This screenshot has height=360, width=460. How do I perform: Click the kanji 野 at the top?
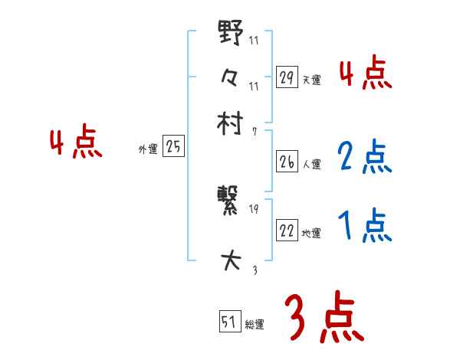click(x=231, y=34)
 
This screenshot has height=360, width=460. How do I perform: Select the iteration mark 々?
click(x=231, y=77)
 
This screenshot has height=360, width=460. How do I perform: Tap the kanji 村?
click(x=231, y=123)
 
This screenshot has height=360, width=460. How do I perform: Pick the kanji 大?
click(x=231, y=262)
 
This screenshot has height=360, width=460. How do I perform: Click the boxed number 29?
click(x=287, y=77)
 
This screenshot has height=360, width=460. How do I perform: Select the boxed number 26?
click(x=287, y=162)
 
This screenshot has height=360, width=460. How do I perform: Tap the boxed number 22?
click(x=287, y=231)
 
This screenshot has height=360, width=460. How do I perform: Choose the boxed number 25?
click(x=173, y=147)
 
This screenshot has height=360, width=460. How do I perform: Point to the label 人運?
click(x=312, y=164)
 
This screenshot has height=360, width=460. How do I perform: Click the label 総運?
click(x=255, y=324)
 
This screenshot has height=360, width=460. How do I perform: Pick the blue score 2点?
click(x=364, y=156)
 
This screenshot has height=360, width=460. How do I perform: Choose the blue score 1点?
click(x=364, y=226)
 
